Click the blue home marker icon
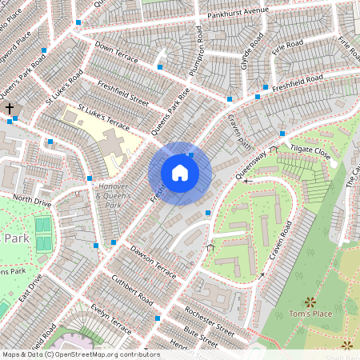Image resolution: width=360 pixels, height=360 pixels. [x=180, y=173]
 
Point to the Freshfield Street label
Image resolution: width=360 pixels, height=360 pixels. [x=123, y=92]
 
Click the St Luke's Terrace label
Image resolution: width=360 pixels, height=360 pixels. [x=103, y=115]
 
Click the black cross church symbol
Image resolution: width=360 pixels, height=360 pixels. [x=10, y=108]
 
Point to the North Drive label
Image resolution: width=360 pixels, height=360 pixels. [x=32, y=200]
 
